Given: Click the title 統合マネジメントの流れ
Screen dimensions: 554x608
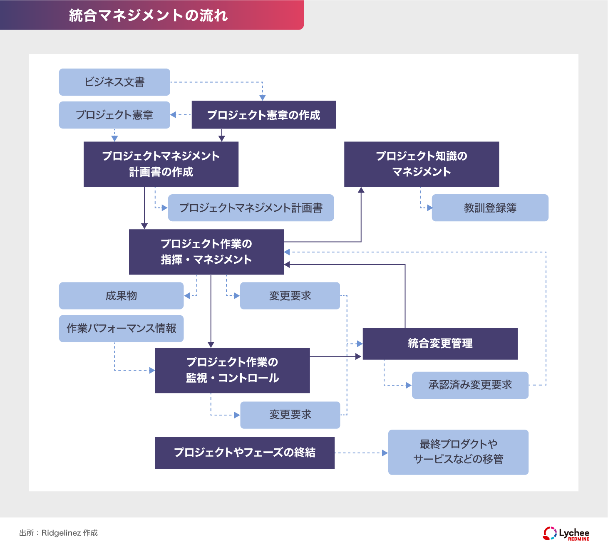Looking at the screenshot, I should point(148,15).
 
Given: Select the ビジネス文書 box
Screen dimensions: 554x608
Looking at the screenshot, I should point(114,82).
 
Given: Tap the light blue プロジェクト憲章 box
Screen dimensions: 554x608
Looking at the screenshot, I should point(114,115).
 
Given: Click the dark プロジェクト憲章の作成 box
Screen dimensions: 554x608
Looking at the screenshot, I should point(263,115).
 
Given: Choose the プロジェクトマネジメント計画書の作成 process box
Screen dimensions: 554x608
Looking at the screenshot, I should point(161,164).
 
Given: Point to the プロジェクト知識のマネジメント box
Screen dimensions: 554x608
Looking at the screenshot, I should point(421,164).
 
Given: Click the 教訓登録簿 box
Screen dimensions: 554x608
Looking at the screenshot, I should point(490,208).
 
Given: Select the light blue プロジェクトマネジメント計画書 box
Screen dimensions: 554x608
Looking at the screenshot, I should point(251,208).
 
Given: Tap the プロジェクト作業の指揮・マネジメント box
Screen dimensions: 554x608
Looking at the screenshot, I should point(206,252).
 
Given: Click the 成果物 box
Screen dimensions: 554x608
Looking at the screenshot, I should point(121,296).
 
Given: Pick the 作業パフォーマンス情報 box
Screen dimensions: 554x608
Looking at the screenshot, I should point(121,329).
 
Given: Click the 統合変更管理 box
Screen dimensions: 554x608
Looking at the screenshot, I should point(440,344).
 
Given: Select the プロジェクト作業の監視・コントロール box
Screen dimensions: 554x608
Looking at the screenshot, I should point(232,370).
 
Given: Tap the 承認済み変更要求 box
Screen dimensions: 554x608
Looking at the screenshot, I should point(470,385).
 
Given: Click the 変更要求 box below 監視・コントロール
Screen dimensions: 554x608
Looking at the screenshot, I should point(290,415).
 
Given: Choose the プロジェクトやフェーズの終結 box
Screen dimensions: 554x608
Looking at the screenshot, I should point(244,453).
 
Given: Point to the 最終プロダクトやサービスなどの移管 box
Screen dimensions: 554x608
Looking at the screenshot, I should point(458,452).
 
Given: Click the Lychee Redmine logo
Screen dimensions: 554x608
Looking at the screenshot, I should point(566,533).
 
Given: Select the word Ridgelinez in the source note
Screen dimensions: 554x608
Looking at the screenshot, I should point(61,533).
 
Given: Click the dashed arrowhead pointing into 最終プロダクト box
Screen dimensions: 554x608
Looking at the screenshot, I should point(385,453).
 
